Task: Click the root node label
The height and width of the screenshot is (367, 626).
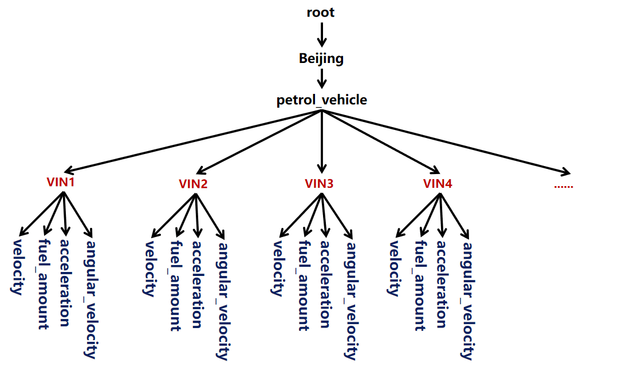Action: [321, 12]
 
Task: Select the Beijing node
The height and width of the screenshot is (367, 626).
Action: [321, 58]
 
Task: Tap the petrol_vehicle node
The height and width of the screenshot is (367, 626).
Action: [321, 100]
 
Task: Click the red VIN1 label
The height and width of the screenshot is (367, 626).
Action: [61, 182]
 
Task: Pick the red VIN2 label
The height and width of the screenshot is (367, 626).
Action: [193, 184]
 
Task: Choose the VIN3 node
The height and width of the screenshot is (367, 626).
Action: [319, 184]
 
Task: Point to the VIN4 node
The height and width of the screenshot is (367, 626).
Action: [438, 184]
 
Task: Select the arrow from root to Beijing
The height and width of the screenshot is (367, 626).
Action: [321, 34]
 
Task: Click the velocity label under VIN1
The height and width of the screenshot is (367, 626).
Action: [17, 267]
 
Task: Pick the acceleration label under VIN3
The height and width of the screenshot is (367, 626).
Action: [325, 283]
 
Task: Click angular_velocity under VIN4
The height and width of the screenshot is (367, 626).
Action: [467, 301]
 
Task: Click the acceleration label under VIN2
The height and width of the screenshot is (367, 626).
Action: [196, 283]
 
